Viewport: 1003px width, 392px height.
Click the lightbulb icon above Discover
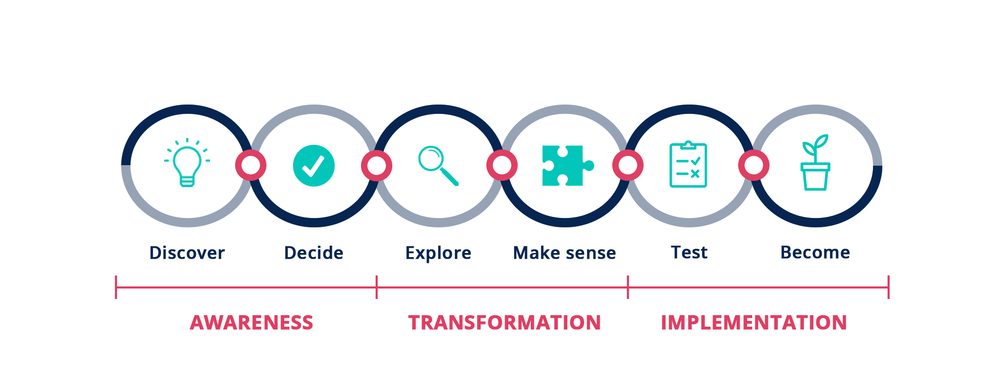[x=187, y=163]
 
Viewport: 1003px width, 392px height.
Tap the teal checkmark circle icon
[x=313, y=166]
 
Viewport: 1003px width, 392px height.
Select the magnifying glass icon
[x=438, y=165]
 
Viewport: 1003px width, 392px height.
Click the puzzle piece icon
[x=566, y=165]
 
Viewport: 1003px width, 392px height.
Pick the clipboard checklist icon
[x=688, y=165]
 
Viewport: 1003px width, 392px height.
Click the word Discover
[x=187, y=253]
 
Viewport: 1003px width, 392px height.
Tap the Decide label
[x=313, y=253]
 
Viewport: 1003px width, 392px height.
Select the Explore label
[x=438, y=253]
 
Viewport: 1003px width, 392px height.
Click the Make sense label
[x=564, y=253]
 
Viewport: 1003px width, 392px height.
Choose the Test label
[x=689, y=252]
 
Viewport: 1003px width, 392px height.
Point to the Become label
[x=815, y=252]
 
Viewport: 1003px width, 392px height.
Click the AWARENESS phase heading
[x=251, y=322]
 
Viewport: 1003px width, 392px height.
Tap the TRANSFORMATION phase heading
[x=504, y=322]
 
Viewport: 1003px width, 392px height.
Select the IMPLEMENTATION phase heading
[x=753, y=322]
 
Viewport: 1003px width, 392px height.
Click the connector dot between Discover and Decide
[x=251, y=166]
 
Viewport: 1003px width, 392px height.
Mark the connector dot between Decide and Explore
[x=377, y=166]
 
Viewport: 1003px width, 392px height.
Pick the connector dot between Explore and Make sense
[x=502, y=166]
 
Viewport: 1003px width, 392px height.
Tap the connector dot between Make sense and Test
[x=628, y=166]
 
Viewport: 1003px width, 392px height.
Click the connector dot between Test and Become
[x=753, y=166]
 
